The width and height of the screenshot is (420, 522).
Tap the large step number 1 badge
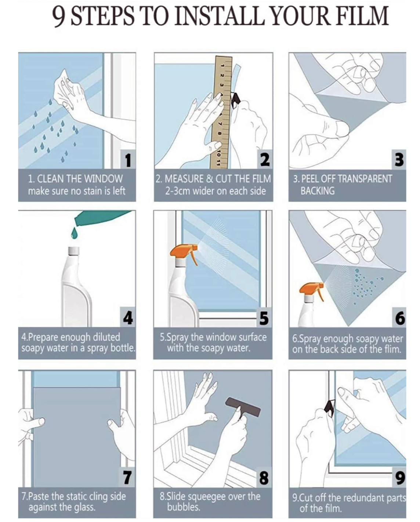128,159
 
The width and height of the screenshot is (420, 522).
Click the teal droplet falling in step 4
75,233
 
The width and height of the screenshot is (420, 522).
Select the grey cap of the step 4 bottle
73,251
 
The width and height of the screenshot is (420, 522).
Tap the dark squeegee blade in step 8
243,406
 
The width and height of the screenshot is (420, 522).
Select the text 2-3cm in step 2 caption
178,191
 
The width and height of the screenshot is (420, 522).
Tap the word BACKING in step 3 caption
317,191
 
